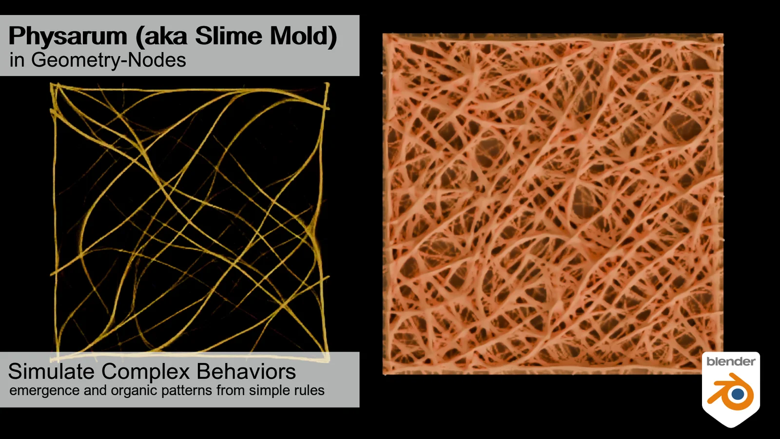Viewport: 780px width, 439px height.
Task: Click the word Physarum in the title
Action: pyautogui.click(x=68, y=37)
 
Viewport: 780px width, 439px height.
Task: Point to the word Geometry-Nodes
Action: pyautogui.click(x=108, y=60)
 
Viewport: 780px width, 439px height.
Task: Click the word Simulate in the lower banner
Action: pyautogui.click(x=51, y=372)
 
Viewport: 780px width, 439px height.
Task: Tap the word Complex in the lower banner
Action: pyautogui.click(x=145, y=372)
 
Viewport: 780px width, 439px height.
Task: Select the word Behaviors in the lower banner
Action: pyautogui.click(x=246, y=372)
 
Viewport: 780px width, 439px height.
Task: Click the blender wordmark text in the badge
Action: pyautogui.click(x=730, y=361)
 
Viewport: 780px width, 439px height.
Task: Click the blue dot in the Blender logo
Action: pyautogui.click(x=738, y=393)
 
